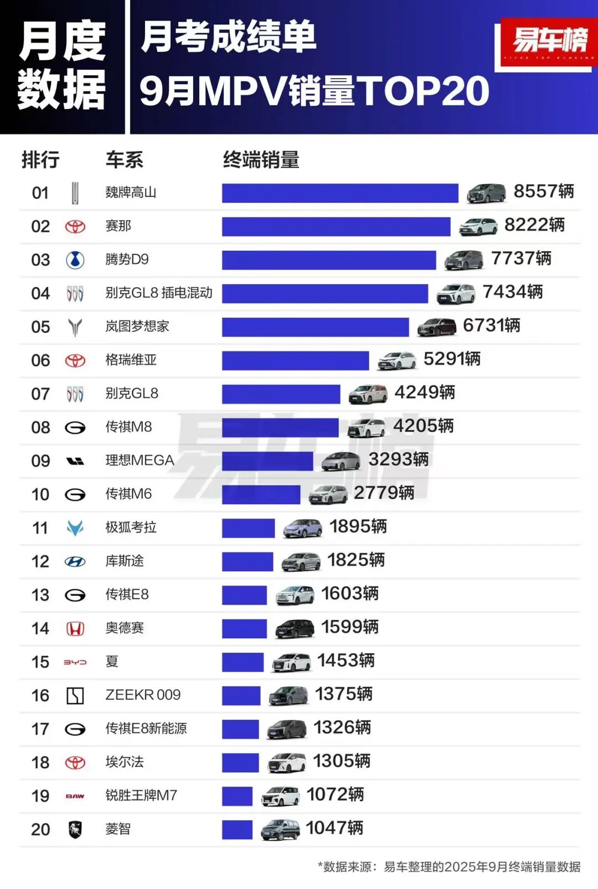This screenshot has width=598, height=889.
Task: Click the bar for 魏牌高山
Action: tap(340, 193)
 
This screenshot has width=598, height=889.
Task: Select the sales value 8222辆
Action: tap(534, 225)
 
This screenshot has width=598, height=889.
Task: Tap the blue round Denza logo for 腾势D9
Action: tap(75, 260)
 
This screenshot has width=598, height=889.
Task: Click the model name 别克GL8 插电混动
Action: tap(159, 293)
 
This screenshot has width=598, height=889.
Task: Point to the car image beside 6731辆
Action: tap(436, 327)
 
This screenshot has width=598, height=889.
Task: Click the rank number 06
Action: tap(40, 360)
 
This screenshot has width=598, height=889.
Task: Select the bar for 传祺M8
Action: tap(280, 427)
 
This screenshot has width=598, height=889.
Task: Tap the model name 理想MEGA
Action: tap(140, 461)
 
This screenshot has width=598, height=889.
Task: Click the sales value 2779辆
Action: tap(384, 493)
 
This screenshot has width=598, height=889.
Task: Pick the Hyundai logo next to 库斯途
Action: tap(75, 562)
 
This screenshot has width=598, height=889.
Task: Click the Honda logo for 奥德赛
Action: tap(75, 629)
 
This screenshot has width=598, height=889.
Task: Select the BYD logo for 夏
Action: tap(75, 662)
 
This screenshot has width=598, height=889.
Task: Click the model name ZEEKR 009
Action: tap(143, 695)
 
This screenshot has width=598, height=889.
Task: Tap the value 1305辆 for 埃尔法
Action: tap(342, 761)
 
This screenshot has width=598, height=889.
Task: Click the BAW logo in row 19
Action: tap(75, 796)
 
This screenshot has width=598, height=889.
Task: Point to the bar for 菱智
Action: tap(237, 829)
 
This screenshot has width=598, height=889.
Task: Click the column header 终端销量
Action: tap(261, 160)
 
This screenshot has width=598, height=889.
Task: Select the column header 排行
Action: tap(40, 160)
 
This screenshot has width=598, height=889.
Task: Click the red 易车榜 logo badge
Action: tap(549, 42)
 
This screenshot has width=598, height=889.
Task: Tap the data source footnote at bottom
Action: tap(449, 867)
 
